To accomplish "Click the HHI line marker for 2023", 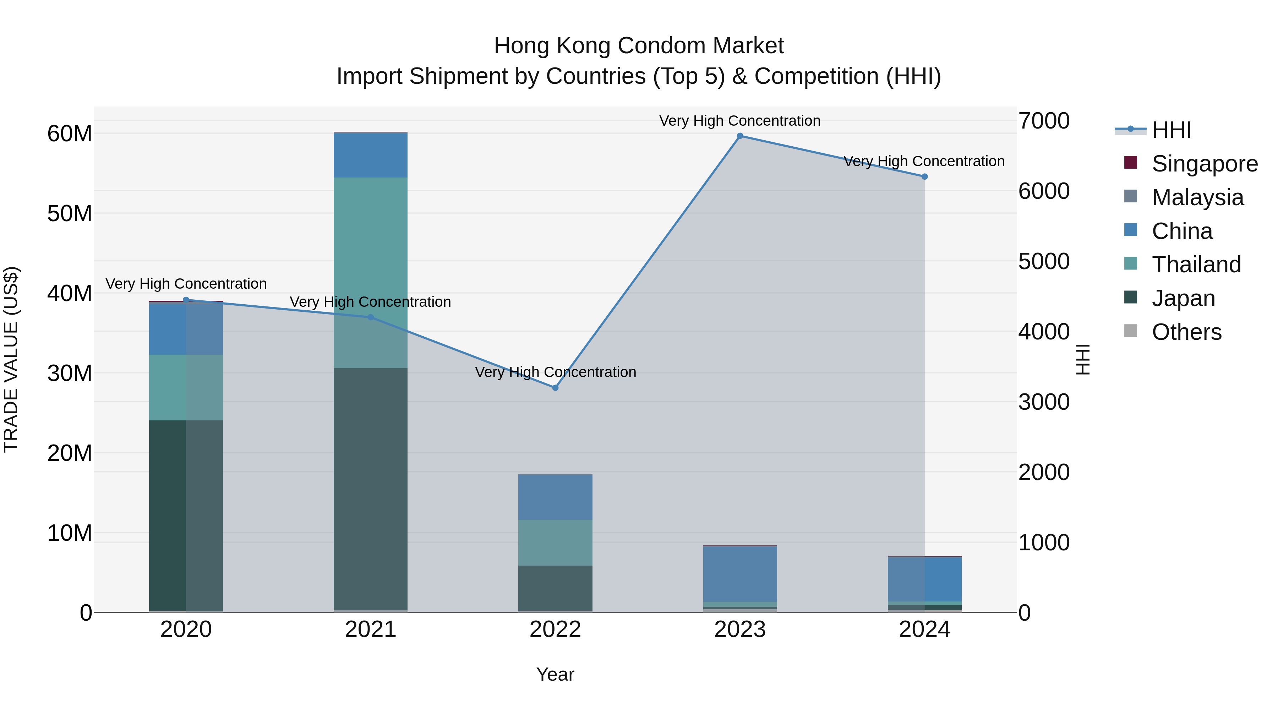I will (740, 136).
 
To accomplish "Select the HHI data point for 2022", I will (555, 387).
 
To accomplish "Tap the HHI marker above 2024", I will (924, 177).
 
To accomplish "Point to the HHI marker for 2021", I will (371, 317).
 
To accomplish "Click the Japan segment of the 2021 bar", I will (371, 489).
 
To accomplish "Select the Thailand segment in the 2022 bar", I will (555, 542).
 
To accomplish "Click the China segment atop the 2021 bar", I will (371, 155).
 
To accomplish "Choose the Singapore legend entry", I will (1204, 164).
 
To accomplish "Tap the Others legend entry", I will (1186, 332).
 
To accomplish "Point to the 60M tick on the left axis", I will (70, 134).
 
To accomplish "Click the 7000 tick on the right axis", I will (1044, 121).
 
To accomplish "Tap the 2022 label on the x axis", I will (555, 630).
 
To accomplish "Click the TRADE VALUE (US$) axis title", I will (11, 359).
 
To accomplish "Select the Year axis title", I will (555, 674).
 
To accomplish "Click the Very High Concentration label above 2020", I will (186, 284).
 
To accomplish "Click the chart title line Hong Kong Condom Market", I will (639, 46).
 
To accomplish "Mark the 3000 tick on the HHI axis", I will (1044, 402).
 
